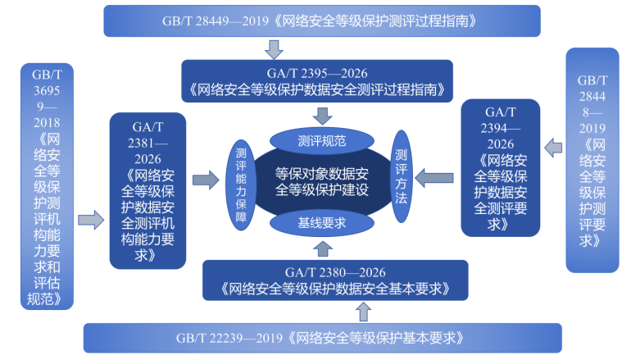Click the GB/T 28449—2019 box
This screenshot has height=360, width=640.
322,21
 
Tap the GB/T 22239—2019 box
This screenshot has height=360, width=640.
322,337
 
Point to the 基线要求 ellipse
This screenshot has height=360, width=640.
321,221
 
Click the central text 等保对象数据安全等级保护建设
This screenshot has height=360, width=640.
321,181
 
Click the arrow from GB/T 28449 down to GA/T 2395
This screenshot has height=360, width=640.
275,48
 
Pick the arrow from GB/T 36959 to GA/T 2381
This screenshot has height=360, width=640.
91,220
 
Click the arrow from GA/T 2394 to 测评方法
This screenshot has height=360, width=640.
436,175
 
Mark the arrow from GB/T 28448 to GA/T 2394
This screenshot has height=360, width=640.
554,148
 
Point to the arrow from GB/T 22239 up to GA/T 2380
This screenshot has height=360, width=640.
363,311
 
